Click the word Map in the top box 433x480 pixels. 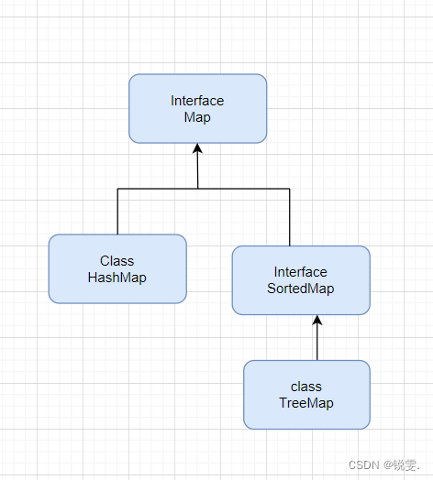pos(197,117)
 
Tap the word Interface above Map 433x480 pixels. pos(197,101)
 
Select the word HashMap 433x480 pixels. pos(117,277)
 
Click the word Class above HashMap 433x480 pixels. pos(117,261)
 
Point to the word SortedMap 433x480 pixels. pos(301,289)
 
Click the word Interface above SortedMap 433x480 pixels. pos(301,272)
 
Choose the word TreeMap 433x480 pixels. pos(306,403)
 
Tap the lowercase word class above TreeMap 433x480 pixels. pos(306,387)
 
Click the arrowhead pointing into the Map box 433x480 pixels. pos(197,149)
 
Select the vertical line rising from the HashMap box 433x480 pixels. pos(117,212)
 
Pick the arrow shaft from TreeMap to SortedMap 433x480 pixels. pos(317,344)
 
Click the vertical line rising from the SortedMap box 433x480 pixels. pos(290,217)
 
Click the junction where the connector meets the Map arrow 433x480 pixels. pos(198,189)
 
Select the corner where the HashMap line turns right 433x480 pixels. pos(117,189)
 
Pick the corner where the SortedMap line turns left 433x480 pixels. pos(290,189)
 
